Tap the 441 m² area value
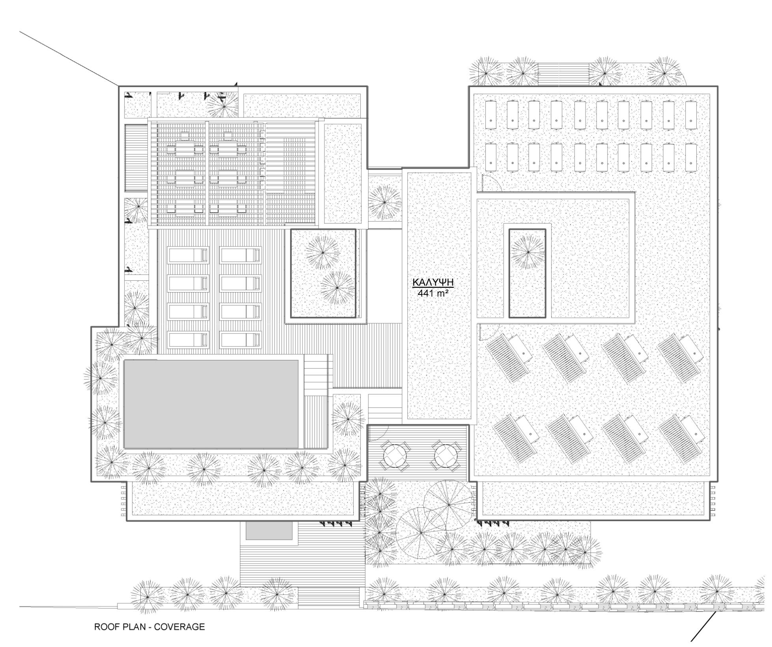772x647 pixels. pos(433,293)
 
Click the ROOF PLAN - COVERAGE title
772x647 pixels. pos(149,626)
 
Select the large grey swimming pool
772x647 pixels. pos(211,404)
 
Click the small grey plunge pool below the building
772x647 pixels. pos(269,530)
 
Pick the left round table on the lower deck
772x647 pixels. pos(395,456)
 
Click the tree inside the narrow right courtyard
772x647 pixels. pos(527,252)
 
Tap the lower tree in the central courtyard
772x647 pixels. pos(337,288)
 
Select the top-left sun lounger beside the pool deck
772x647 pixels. pos(188,255)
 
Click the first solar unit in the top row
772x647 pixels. pos(491,115)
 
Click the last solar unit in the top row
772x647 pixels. pos(691,115)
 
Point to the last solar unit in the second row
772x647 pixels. pos(691,157)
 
